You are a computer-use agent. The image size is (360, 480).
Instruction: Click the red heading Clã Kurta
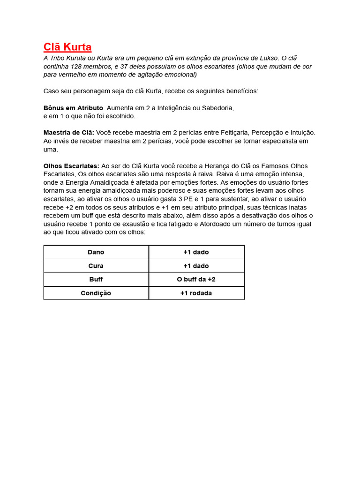pos(67,47)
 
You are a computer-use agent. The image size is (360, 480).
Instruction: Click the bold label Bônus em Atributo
pos(73,108)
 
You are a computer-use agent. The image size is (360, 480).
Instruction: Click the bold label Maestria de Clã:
pos(69,133)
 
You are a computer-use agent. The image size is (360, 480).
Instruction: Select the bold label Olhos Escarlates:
pos(71,166)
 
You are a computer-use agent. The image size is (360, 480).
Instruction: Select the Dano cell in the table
pos(96,252)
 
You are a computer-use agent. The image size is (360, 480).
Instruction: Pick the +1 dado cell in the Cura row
pos(196,266)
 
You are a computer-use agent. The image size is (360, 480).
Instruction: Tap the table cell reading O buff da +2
pos(196,279)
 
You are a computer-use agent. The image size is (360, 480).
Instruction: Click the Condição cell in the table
pos(96,293)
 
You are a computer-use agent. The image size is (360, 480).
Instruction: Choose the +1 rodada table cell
pos(196,293)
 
